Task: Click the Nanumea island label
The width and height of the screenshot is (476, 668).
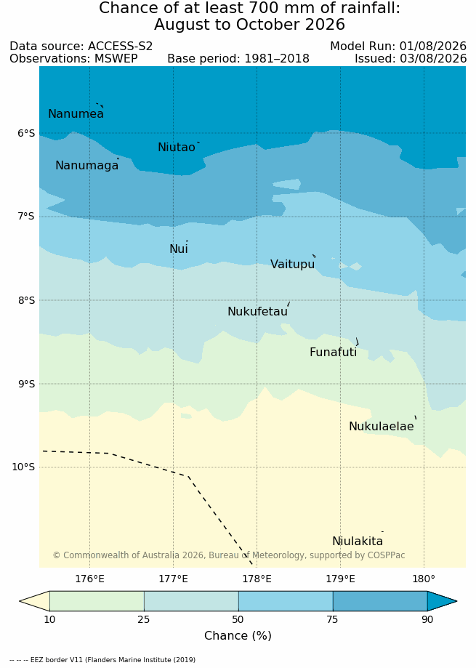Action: coord(76,113)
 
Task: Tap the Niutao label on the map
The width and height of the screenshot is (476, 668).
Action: coord(177,147)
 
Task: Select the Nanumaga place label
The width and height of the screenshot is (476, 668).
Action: coord(87,165)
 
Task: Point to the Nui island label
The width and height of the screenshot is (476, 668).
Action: coord(179,249)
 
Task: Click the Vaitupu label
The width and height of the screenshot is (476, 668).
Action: coord(292,264)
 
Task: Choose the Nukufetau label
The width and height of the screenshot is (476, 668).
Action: coord(257,311)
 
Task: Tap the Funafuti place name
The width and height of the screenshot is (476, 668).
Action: coord(334,353)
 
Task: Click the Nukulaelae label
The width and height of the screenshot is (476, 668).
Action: coord(382,426)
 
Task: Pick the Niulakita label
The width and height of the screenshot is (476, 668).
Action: coord(358,541)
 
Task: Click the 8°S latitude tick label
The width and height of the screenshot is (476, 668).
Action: coord(26,301)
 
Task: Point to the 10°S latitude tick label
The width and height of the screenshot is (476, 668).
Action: coord(23,467)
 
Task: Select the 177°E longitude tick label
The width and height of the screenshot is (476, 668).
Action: coord(173,579)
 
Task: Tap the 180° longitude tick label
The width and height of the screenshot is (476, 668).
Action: coord(424,579)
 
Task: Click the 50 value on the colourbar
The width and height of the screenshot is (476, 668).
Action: coord(238,619)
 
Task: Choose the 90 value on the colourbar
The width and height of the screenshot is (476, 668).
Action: coord(427,619)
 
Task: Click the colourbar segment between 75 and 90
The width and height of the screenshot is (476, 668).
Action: coord(380,602)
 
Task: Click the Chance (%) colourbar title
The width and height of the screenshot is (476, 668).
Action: coord(238,635)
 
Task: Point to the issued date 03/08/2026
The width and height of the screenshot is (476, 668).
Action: coord(433,58)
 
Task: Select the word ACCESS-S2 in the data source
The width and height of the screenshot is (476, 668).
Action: coord(120,47)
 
